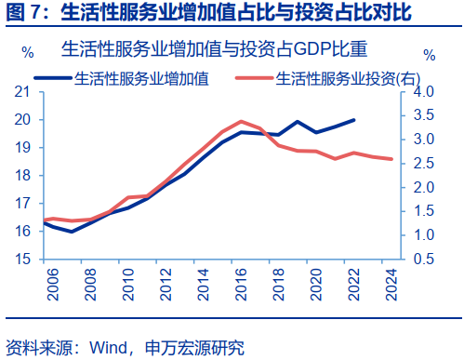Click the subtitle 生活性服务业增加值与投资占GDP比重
tap(222, 49)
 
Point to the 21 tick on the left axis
tap(23, 92)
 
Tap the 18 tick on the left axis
tap(23, 175)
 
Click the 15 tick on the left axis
tap(23, 259)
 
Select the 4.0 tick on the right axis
tap(423, 92)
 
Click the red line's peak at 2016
tap(241, 121)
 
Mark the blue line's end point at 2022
tap(353, 120)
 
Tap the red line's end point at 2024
tap(391, 159)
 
